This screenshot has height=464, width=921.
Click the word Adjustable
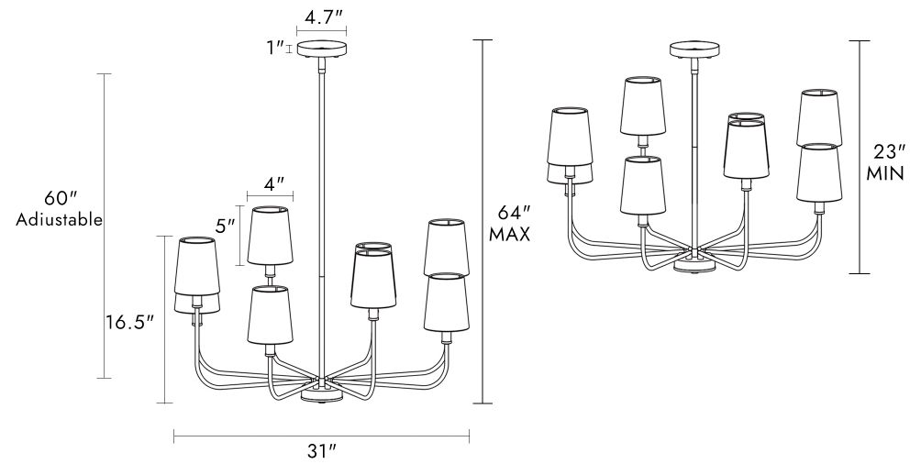pos(59,221)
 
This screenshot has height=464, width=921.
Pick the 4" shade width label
pos(272,183)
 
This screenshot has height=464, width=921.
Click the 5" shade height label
pos(226,224)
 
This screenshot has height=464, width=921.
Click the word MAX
pos(510,234)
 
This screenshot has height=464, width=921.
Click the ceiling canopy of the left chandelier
pos(322,51)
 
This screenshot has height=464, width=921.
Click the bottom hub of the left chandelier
pos(321,393)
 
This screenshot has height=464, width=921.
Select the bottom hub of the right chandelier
pos(694,265)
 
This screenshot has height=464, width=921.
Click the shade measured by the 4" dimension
pos(270,236)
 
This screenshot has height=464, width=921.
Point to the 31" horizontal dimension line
pos(321,435)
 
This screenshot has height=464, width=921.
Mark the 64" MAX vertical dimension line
pos(483,220)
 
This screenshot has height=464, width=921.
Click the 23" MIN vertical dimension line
pos(860,156)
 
